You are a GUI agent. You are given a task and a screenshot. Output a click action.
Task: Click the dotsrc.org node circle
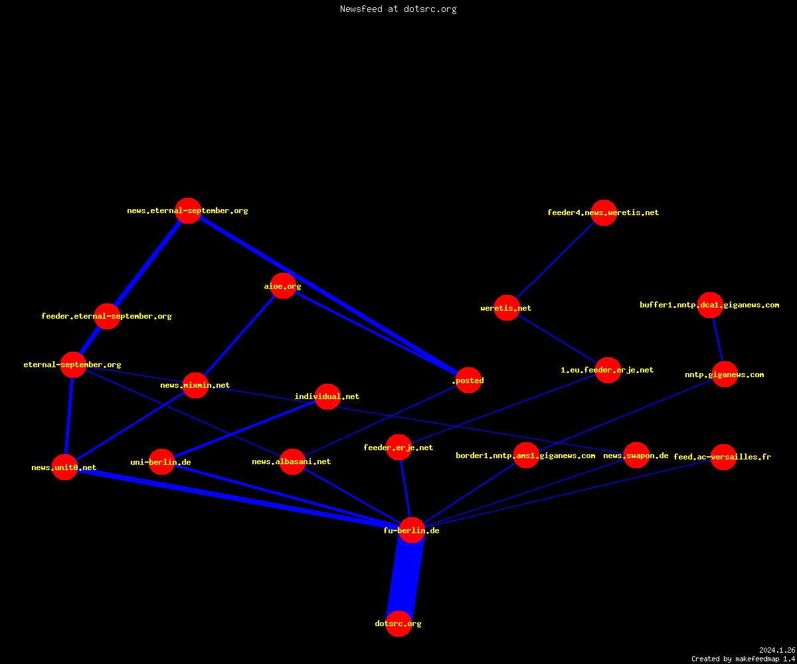[398, 623]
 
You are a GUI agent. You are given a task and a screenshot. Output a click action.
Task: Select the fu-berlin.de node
[412, 530]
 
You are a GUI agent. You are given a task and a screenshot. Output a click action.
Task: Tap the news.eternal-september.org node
[188, 210]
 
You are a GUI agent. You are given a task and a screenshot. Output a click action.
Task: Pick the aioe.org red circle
[283, 286]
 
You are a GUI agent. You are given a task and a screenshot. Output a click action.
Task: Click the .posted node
[469, 380]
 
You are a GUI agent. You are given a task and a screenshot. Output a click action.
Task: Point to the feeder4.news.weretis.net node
[604, 212]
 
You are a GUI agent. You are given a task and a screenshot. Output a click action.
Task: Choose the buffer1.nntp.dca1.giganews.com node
[711, 305]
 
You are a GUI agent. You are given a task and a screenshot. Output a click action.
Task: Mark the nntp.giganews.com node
[725, 374]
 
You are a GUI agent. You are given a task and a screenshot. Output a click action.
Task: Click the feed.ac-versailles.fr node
[723, 457]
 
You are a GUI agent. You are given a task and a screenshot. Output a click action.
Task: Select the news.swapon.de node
[636, 456]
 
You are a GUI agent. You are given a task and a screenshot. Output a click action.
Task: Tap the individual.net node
[327, 396]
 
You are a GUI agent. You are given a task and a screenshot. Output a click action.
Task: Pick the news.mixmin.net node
[195, 385]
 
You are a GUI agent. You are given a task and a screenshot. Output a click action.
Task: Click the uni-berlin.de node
[161, 461]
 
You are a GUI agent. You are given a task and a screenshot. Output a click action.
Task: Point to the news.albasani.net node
[292, 461]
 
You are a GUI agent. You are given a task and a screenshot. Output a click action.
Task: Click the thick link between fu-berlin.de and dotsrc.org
[405, 577]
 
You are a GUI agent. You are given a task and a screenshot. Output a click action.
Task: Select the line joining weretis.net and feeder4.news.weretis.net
[555, 260]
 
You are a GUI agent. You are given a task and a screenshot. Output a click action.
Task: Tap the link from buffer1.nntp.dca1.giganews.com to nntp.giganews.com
[717, 339]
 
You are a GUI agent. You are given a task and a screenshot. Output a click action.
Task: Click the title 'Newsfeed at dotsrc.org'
[398, 9]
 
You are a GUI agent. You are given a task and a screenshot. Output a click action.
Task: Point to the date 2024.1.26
[777, 650]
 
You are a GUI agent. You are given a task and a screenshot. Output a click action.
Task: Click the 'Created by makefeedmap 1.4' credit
[743, 659]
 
